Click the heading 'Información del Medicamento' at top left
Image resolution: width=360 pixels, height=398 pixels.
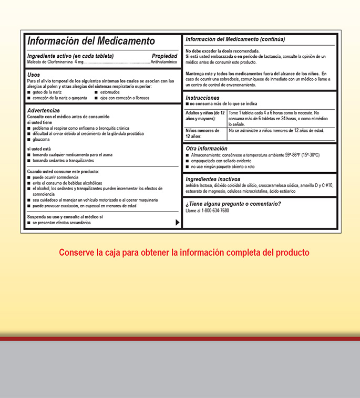click(x=91, y=41)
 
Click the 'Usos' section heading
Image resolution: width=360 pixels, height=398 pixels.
click(x=34, y=75)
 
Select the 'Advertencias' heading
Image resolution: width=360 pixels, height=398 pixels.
click(x=43, y=110)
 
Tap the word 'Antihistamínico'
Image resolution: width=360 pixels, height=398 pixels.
click(x=164, y=62)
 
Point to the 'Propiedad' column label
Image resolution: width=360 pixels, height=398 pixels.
click(x=164, y=56)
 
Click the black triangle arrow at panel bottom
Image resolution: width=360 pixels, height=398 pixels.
click(x=177, y=223)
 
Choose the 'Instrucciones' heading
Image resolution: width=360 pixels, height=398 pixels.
click(x=202, y=98)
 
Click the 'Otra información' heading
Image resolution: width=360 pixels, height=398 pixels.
click(x=207, y=149)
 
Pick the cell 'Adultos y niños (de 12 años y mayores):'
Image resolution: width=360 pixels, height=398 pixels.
click(x=205, y=116)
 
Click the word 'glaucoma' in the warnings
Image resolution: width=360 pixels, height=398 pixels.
click(x=41, y=140)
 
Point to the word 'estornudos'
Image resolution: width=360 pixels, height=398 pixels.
click(x=109, y=92)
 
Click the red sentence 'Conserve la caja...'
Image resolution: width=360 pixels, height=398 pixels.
click(x=184, y=253)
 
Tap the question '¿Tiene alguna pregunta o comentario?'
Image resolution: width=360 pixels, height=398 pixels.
click(x=233, y=204)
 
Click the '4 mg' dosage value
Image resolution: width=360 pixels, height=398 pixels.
click(x=79, y=62)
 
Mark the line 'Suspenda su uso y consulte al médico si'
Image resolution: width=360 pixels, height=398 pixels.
click(x=65, y=216)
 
